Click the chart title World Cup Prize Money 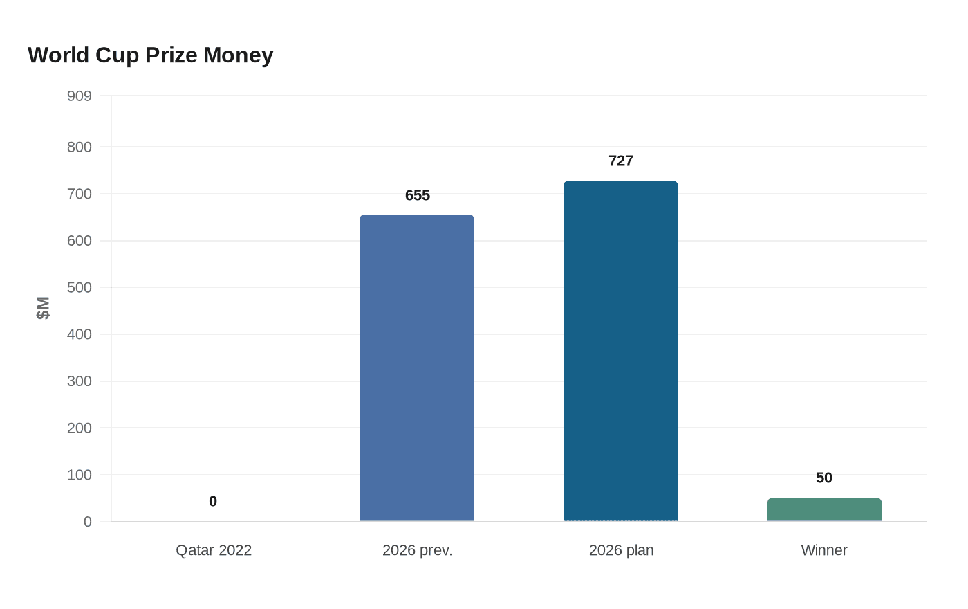(151, 55)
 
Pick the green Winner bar (824, 510)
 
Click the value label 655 (418, 196)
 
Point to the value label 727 (621, 161)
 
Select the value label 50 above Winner (824, 478)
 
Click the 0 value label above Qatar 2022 (213, 502)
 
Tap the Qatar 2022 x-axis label (214, 551)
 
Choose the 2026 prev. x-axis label (418, 551)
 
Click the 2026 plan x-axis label (621, 551)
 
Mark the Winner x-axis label (824, 551)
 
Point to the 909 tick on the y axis (80, 96)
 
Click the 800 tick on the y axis (80, 147)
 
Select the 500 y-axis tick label (80, 287)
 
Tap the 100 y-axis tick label (80, 475)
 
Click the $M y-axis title (43, 308)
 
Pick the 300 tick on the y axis (80, 381)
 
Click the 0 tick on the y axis (88, 522)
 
